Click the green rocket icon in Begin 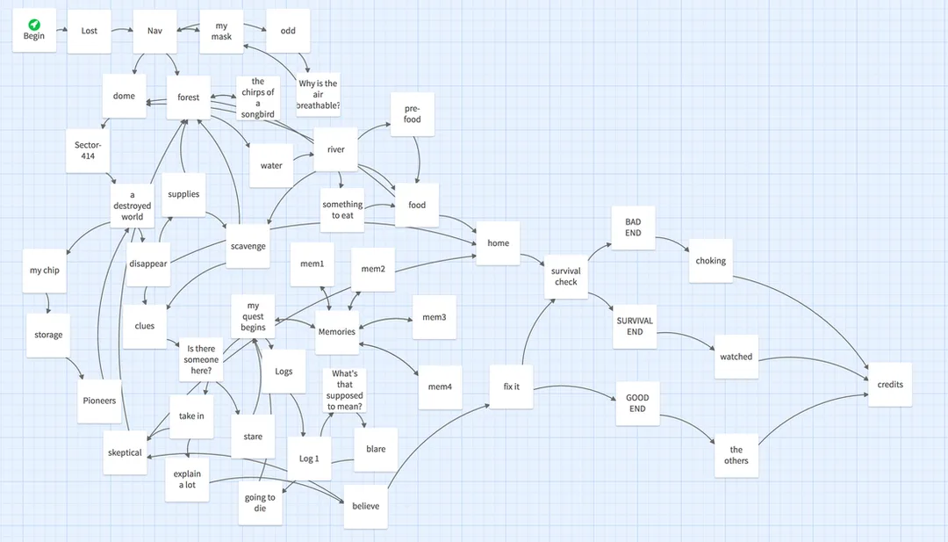pos(34,25)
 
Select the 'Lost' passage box pos(89,31)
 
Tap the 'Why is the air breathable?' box pos(318,94)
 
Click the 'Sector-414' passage pos(88,150)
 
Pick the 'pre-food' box pos(413,114)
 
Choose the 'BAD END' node pos(633,228)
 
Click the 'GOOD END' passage pos(637,403)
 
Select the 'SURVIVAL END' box pos(635,327)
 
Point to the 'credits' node pos(890,385)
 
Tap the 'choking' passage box pos(710,261)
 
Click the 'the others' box pos(736,456)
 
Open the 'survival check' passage pos(566,277)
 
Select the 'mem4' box pos(440,387)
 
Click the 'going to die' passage pos(260,502)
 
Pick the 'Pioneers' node pos(99,401)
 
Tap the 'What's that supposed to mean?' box pos(345,390)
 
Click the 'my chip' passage pos(45,271)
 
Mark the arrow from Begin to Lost pos(61,29)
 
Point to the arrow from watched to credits pos(815,358)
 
